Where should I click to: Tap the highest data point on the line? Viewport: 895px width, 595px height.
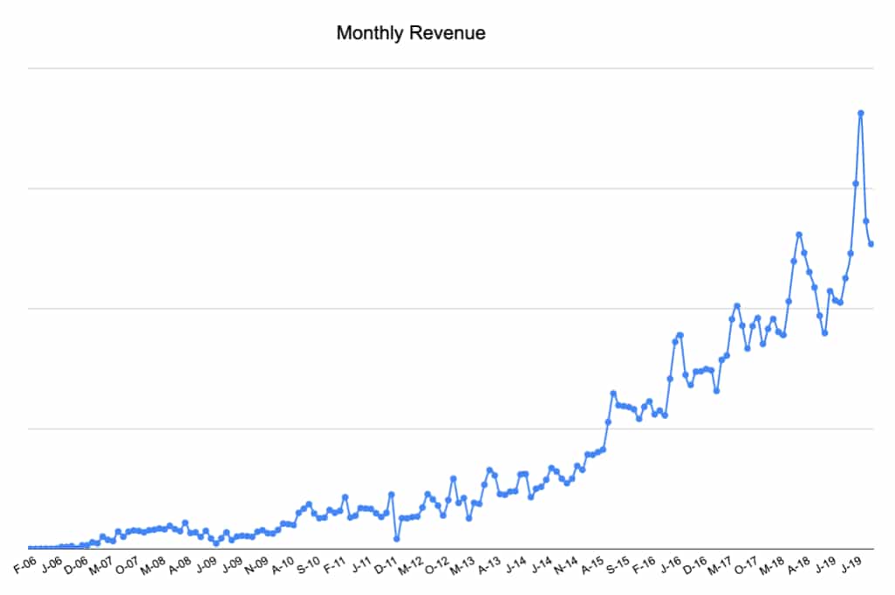click(861, 113)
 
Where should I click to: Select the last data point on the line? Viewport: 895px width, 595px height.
click(871, 243)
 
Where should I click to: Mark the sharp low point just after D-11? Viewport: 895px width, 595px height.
click(397, 539)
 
